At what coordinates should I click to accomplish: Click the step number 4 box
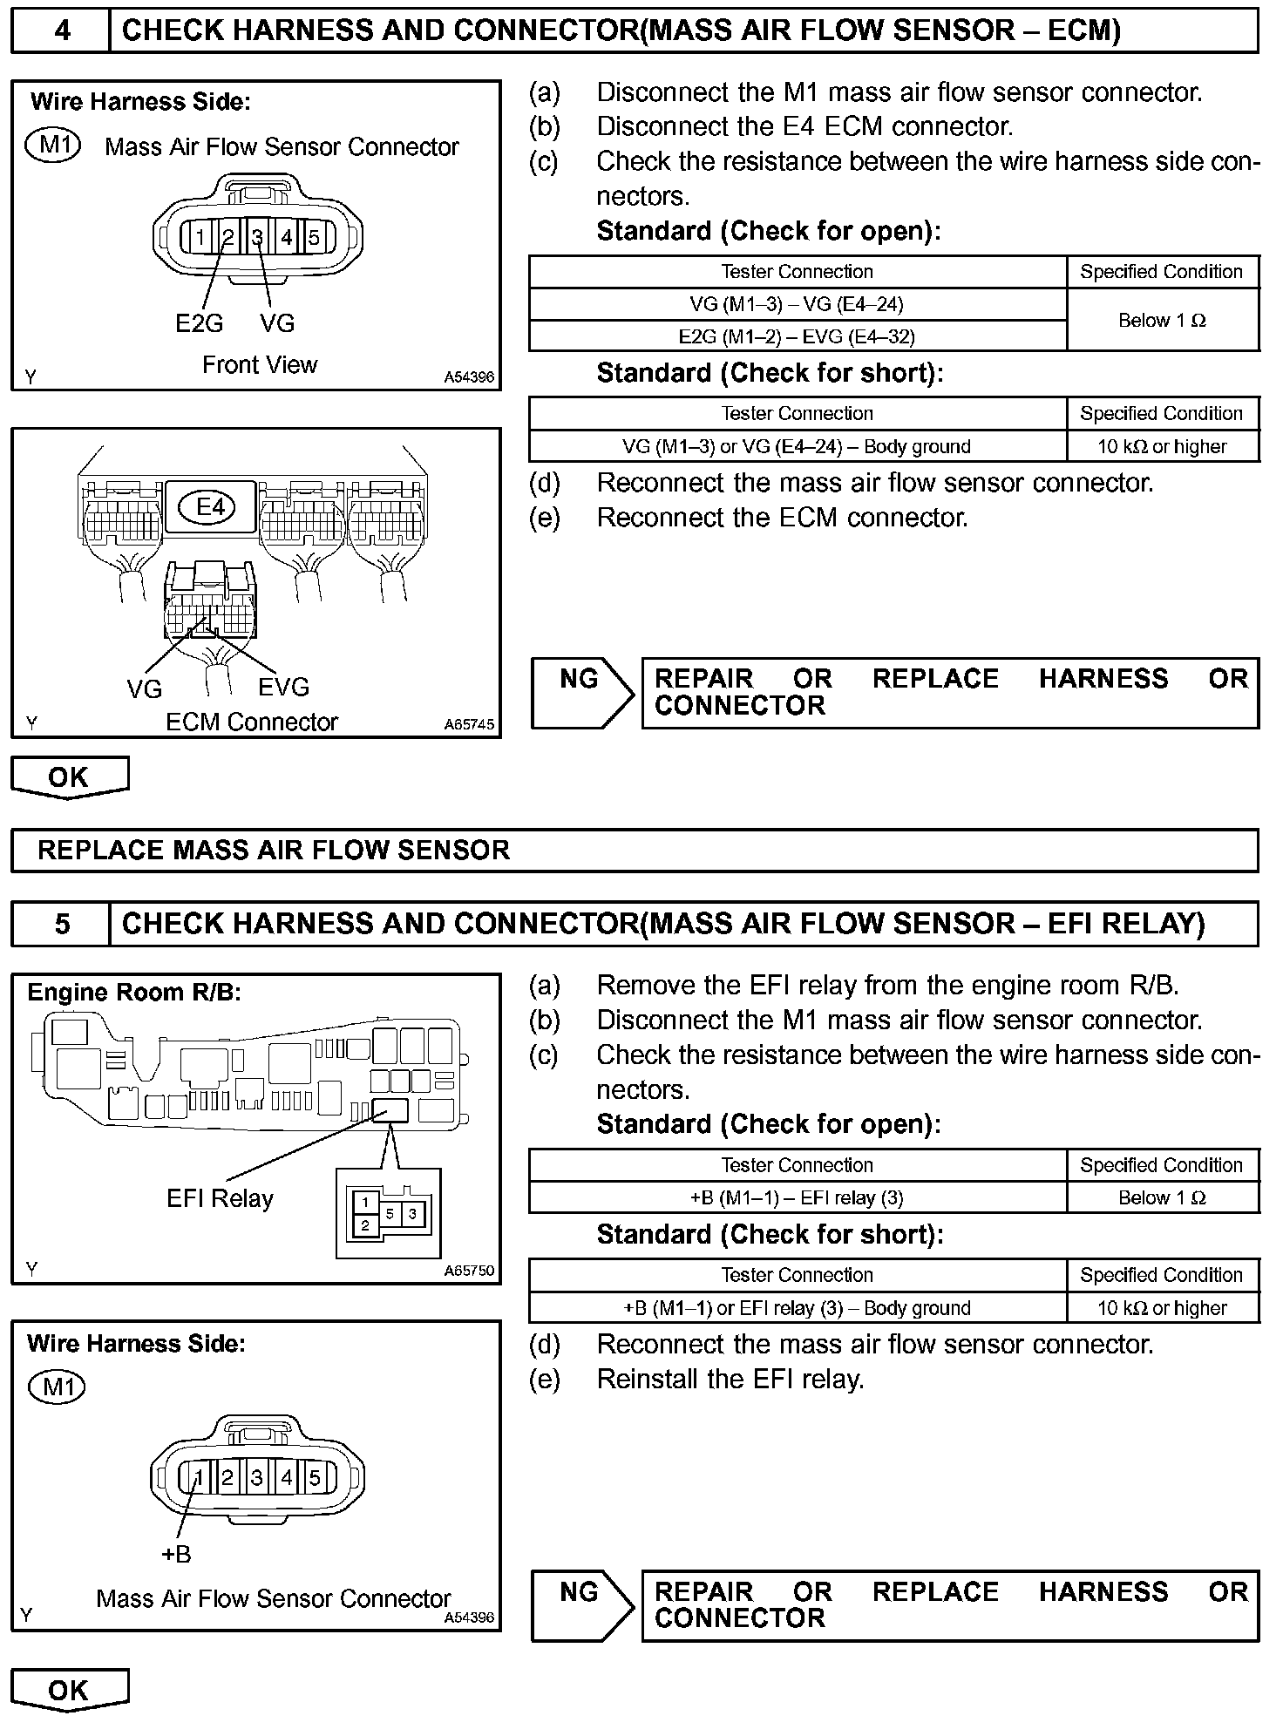[x=61, y=31]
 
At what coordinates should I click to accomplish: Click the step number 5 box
[x=61, y=924]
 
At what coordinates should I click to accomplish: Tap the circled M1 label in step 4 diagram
[x=54, y=145]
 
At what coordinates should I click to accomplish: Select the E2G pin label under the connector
[x=199, y=323]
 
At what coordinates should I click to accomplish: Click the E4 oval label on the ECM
[x=210, y=506]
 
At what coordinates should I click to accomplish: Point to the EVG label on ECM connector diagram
[x=283, y=688]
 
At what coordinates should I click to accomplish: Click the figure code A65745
[x=469, y=724]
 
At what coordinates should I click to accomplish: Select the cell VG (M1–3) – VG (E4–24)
[x=797, y=304]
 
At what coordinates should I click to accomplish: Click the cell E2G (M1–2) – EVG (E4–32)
[x=797, y=336]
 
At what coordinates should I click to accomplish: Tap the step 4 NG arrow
[x=582, y=693]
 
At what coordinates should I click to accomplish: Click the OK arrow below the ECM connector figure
[x=69, y=776]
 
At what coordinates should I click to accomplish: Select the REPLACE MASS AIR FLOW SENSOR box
[x=634, y=851]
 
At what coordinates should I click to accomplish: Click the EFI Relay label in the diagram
[x=220, y=1199]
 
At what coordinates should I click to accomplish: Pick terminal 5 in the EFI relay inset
[x=390, y=1213]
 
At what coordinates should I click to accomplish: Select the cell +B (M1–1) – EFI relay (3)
[x=797, y=1197]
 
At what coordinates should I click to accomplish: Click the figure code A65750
[x=469, y=1271]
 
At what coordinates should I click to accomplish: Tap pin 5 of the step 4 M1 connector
[x=314, y=237]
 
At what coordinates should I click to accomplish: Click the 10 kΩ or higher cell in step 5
[x=1162, y=1308]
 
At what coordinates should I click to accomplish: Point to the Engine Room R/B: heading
[x=134, y=993]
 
